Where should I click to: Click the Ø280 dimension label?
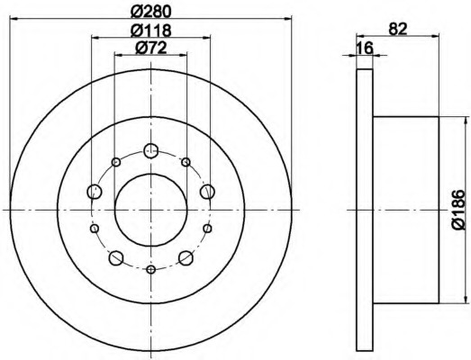coord(150,12)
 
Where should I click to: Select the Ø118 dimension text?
coord(150,30)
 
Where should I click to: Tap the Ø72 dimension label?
coord(150,48)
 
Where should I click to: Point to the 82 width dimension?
coord(398,29)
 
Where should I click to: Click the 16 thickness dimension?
coord(365,48)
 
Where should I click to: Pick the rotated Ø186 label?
coord(458,210)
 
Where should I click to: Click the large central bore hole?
coord(150,210)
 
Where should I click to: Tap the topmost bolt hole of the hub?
coord(150,150)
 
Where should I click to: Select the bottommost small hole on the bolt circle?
coord(150,270)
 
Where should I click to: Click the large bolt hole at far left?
coord(95,192)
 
